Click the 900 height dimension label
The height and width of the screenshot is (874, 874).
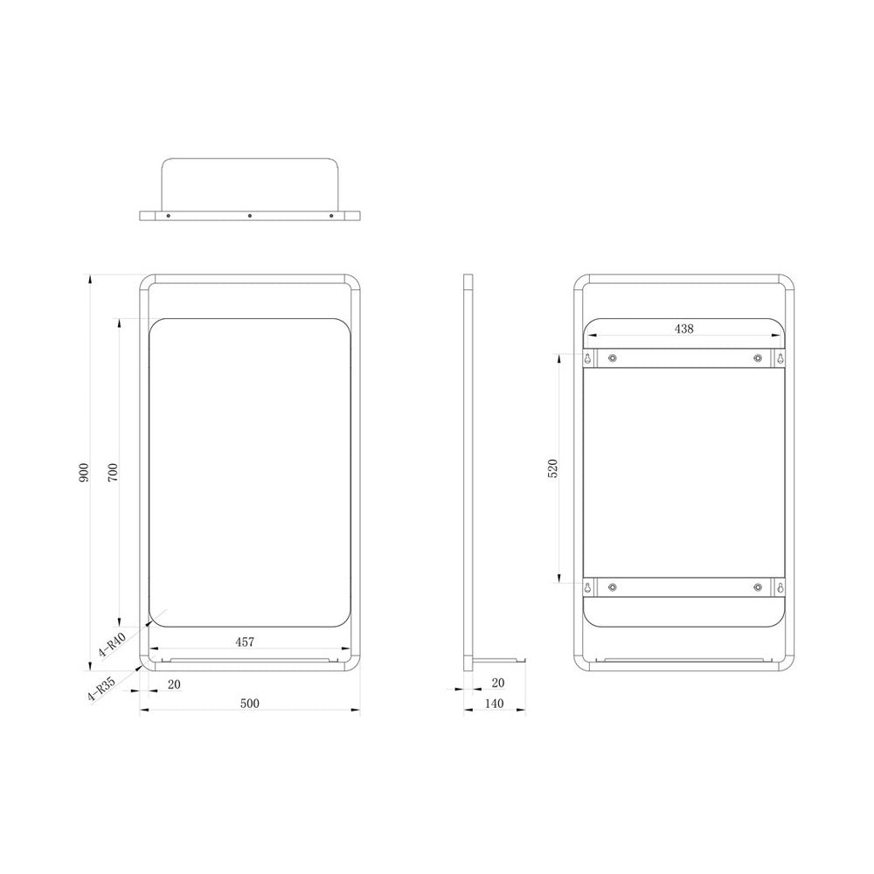tap(84, 473)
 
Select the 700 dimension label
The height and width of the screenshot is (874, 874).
tap(113, 473)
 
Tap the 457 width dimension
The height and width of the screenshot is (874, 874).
tap(245, 642)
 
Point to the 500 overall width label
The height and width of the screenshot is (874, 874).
tap(250, 704)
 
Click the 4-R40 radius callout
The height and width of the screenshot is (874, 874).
tap(112, 645)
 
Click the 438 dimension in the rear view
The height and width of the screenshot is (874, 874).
tap(684, 329)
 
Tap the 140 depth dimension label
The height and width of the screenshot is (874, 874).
tap(495, 704)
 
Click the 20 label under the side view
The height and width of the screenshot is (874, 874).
tap(498, 683)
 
